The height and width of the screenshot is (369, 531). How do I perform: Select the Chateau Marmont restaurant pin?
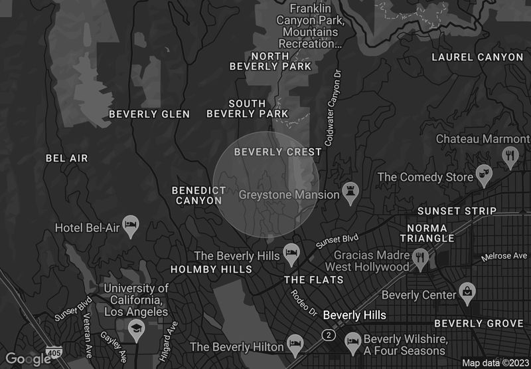510,157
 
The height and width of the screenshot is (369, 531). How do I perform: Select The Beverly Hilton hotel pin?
295,344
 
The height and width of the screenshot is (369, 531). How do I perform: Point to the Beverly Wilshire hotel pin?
352,342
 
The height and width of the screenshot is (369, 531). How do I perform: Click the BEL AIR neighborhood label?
66,158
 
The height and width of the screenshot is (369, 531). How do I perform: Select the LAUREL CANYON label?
477,57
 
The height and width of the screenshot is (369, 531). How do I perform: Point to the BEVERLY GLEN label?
149,114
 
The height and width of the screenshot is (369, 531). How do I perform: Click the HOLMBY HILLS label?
211,269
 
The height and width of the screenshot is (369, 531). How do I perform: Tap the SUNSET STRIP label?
457,211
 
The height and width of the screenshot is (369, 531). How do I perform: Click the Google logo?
29,359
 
